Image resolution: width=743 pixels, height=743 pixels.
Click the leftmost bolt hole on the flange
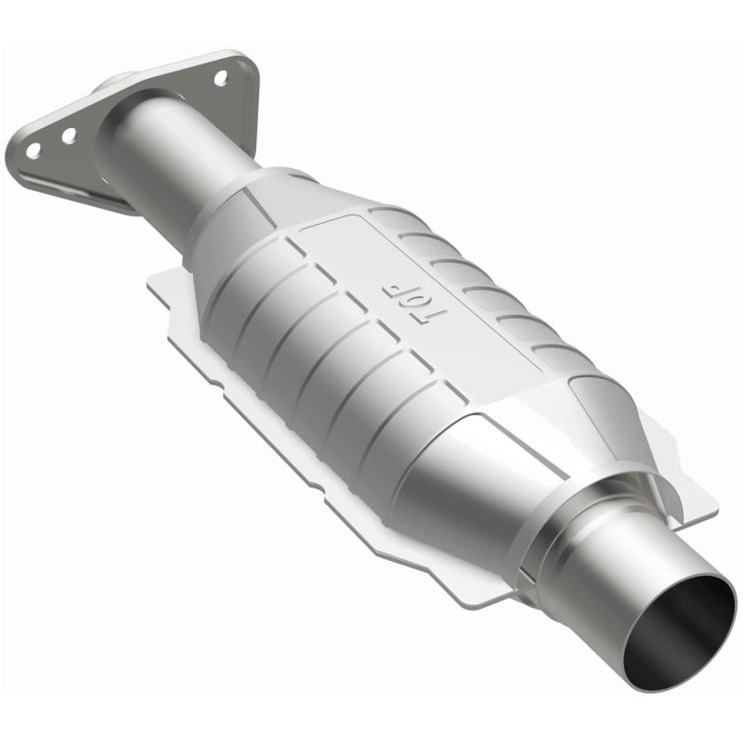[x=33, y=149]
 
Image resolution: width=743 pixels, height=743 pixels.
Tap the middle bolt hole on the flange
[x=69, y=136]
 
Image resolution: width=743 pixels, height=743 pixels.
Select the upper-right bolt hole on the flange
[x=221, y=78]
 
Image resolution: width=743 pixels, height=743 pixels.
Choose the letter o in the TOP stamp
[x=409, y=302]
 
